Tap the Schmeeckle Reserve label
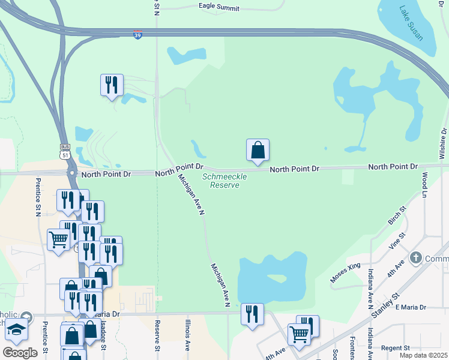[x=220, y=181]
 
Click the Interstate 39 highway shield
[x=138, y=35]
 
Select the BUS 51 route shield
[x=64, y=151]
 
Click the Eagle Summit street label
[x=219, y=8]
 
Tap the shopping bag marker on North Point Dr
[x=258, y=150]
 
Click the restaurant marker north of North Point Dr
[x=112, y=85]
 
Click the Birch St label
[x=397, y=216]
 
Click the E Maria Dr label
[x=411, y=307]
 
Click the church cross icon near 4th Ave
[x=415, y=258]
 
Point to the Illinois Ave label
[x=187, y=336]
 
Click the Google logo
[x=20, y=353]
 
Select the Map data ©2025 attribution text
[x=423, y=355]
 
